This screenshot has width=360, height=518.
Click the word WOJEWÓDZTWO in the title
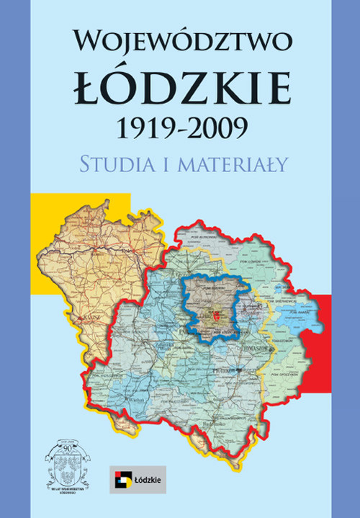coord(181,42)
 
